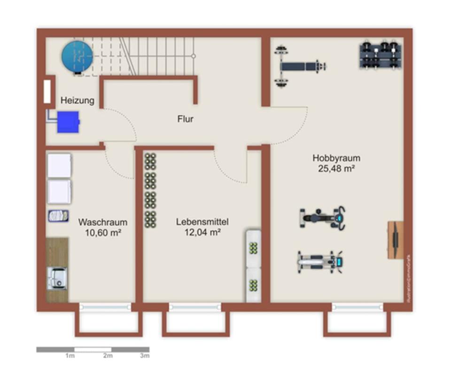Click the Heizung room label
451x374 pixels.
77,100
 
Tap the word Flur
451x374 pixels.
185,119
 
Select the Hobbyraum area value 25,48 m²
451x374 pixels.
335,168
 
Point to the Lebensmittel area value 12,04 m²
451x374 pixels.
202,232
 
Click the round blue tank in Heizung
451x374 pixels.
77,57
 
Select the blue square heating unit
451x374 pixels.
68,122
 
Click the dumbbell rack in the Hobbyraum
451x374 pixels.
381,55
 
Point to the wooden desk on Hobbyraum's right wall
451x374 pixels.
395,240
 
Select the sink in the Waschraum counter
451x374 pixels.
57,278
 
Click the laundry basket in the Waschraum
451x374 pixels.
58,216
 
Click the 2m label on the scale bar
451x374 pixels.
108,356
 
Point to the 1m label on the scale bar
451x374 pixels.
70,356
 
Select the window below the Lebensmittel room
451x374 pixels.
195,307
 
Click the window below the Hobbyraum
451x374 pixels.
357,307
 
